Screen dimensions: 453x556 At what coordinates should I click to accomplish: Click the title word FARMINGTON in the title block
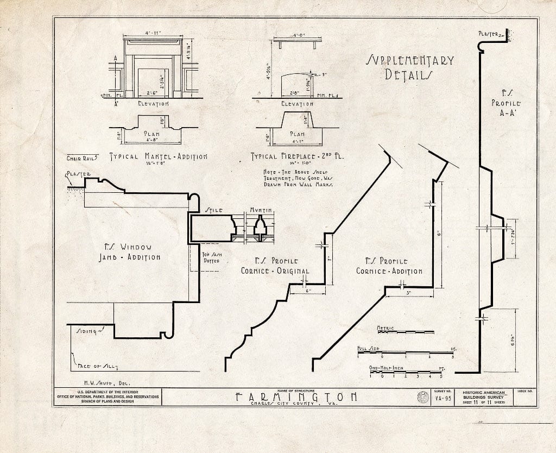tap(296, 397)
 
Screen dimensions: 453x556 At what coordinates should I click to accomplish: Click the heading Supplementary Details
tap(410, 67)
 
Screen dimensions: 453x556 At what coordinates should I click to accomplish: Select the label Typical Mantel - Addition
tap(159, 156)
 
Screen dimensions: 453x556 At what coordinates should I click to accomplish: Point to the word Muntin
tap(261, 210)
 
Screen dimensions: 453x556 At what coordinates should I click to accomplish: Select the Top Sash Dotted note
tap(211, 257)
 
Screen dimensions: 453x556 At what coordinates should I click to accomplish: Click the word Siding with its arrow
tap(88, 330)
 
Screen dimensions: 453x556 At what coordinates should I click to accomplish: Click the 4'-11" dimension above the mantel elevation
tap(153, 34)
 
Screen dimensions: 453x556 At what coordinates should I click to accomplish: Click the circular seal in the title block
tap(421, 398)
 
